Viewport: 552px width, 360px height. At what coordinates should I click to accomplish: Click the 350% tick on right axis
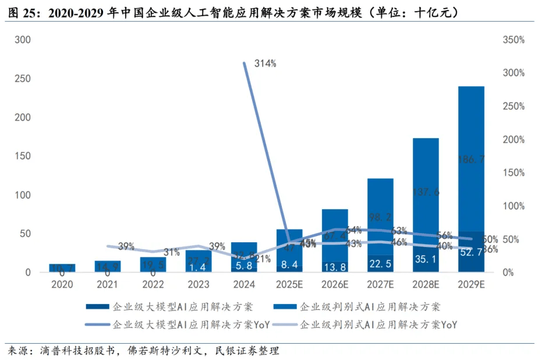point(513,40)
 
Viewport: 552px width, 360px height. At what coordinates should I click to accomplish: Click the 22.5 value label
point(380,263)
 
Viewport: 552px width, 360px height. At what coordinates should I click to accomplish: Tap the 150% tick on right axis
point(513,173)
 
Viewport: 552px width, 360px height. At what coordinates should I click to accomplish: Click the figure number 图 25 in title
point(22,12)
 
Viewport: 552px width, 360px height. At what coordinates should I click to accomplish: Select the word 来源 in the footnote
point(19,350)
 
